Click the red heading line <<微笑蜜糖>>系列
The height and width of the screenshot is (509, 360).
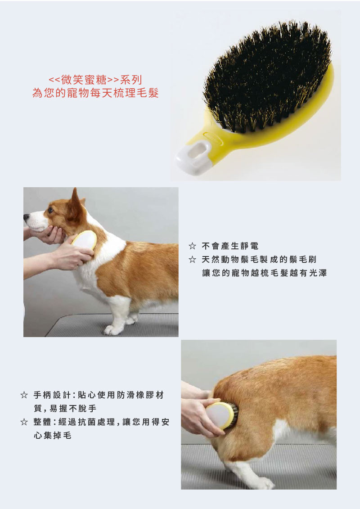(x=95, y=80)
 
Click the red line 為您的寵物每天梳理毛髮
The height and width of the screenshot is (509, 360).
(x=95, y=93)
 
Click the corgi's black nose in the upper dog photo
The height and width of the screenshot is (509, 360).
(x=26, y=216)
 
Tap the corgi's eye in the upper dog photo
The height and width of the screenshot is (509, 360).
(x=50, y=210)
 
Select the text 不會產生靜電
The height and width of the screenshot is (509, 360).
(x=230, y=246)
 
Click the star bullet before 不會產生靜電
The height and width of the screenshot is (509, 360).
(x=192, y=246)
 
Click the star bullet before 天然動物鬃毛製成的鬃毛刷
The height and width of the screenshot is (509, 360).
(x=192, y=259)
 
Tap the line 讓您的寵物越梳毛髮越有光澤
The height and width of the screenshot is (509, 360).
(x=264, y=273)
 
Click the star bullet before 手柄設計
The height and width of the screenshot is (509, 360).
(x=24, y=395)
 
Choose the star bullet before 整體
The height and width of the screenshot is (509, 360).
(x=24, y=422)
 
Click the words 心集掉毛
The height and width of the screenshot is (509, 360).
(x=52, y=435)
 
